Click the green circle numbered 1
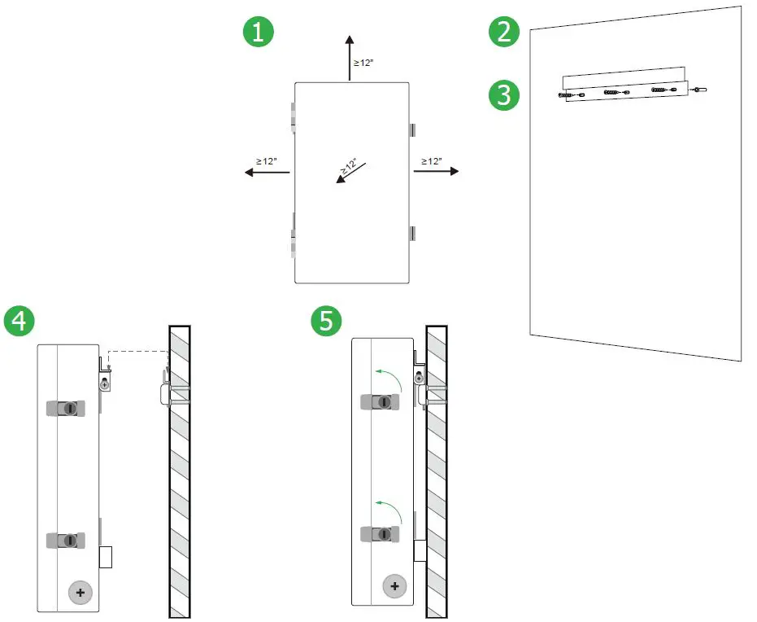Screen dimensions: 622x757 point(259,33)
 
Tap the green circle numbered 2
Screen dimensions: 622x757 point(503,33)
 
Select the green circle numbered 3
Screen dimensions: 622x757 point(503,95)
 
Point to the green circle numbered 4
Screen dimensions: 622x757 point(19,321)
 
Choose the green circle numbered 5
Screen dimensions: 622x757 point(326,321)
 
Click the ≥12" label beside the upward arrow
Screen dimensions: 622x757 point(363,63)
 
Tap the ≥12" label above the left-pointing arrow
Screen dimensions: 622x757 point(267,161)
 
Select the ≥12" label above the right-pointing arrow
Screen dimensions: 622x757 point(432,161)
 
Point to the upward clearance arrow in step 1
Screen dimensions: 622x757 point(350,57)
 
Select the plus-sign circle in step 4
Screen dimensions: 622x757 point(80,593)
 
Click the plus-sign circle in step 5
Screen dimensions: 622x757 point(394,586)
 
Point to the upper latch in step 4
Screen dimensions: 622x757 point(66,407)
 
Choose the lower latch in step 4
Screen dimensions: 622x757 point(66,540)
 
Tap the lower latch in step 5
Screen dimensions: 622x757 point(380,534)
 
